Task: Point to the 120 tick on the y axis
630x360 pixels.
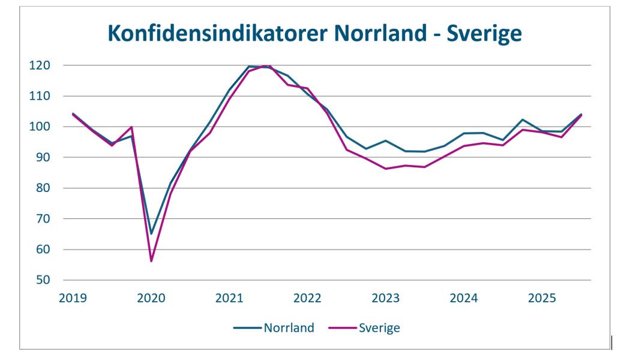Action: [x=47, y=65]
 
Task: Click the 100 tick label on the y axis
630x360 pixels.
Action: [x=47, y=127]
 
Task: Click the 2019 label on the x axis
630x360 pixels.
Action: [x=72, y=297]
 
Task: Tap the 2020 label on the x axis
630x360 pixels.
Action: [x=151, y=297]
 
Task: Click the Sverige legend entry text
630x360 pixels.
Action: [x=379, y=328]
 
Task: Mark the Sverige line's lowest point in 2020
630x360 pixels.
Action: [x=151, y=261]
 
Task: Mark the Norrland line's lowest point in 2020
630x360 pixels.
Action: [x=151, y=233]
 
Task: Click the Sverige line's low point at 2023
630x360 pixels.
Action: [x=385, y=169]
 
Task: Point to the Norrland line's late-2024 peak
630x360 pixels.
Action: [x=523, y=119]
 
